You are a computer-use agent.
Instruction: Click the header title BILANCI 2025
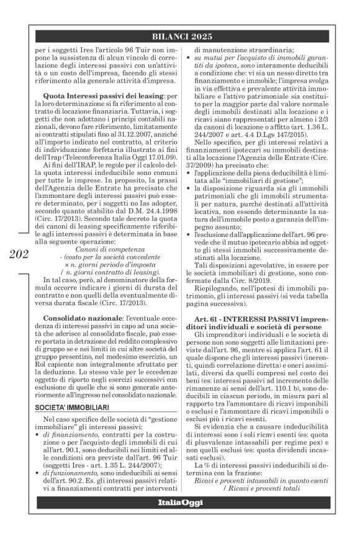(180, 37)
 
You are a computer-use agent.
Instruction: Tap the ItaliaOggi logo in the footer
(180, 519)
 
